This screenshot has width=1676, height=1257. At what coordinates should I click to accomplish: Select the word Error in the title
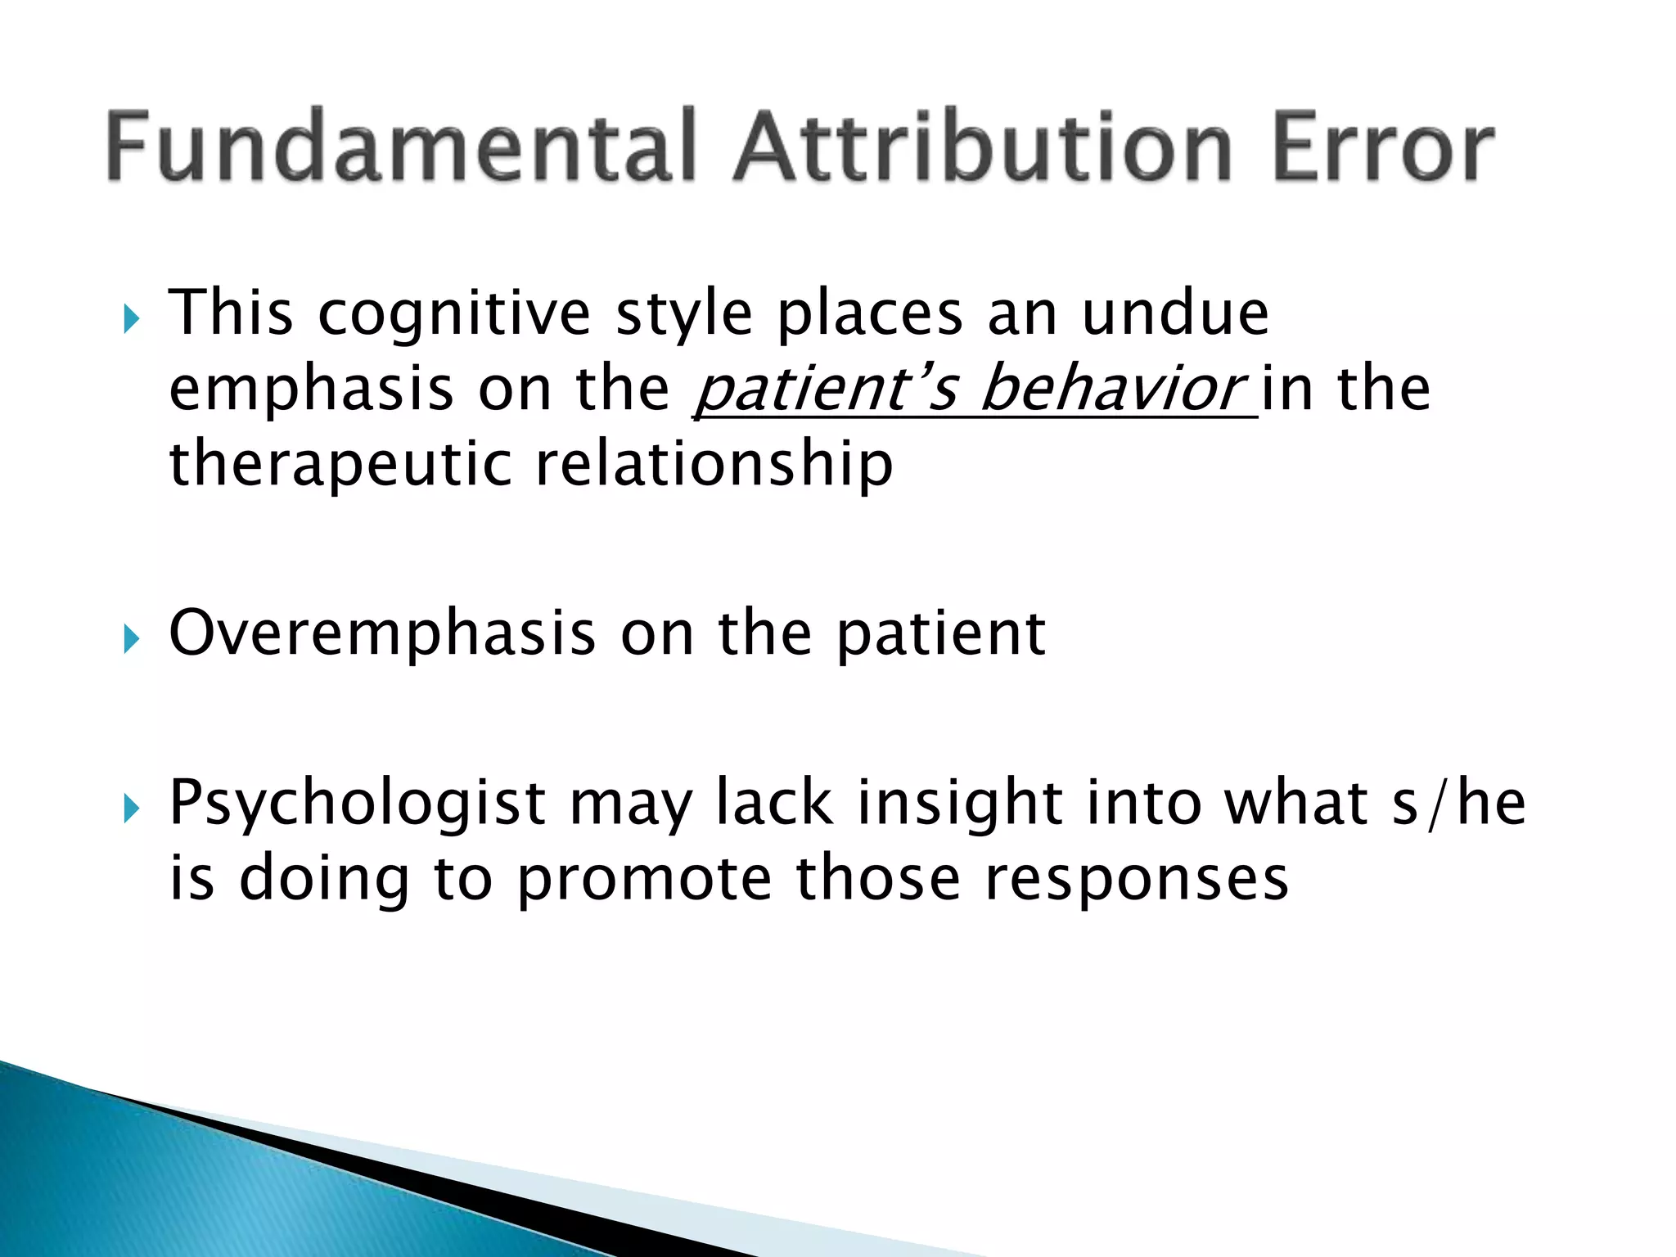click(x=1383, y=147)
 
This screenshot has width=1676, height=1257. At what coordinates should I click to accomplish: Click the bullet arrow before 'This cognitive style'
click(x=131, y=318)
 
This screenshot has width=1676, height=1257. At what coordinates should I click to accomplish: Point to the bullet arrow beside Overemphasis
click(x=131, y=638)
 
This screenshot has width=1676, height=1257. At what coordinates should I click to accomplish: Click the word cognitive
click(x=454, y=315)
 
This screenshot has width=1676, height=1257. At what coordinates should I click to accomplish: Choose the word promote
click(x=645, y=879)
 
